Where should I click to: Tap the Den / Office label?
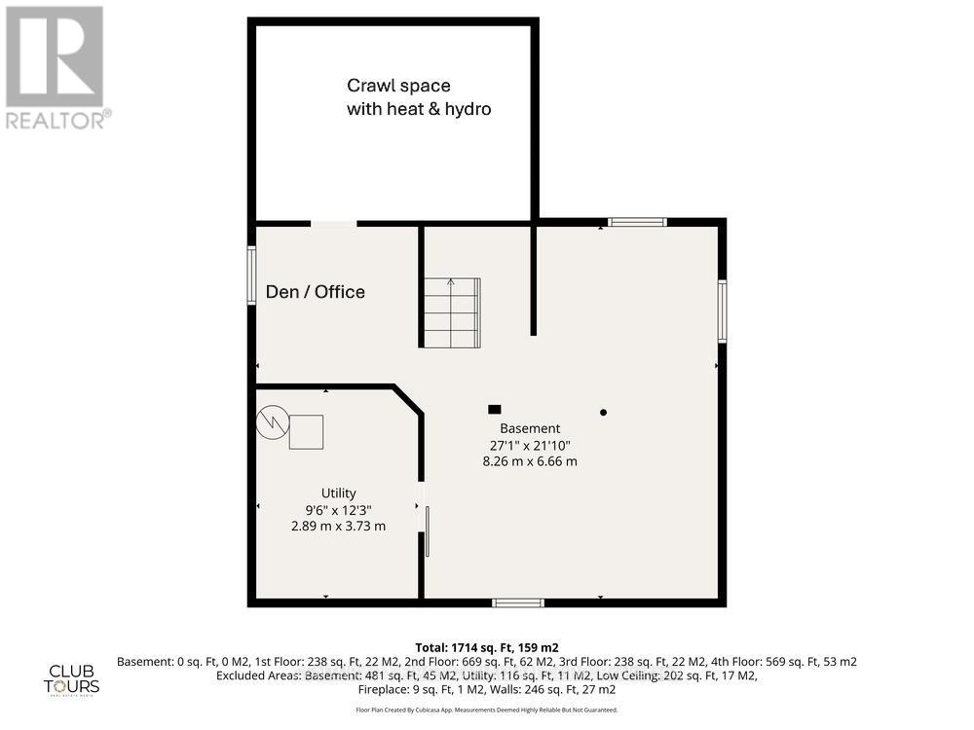click(x=316, y=292)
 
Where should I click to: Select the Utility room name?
click(x=339, y=493)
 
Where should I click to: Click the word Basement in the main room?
click(x=530, y=428)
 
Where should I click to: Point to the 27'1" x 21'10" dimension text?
click(x=530, y=445)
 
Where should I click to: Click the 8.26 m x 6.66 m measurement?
click(x=530, y=461)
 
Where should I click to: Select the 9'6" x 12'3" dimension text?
click(x=339, y=509)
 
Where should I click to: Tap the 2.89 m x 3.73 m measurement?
click(x=339, y=526)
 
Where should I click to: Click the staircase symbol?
click(x=451, y=312)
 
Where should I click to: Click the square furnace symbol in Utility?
click(x=306, y=431)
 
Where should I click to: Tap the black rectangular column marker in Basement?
click(x=495, y=410)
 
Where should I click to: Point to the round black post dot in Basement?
click(x=603, y=413)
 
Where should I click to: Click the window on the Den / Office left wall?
click(x=251, y=275)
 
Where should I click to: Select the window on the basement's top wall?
click(x=638, y=222)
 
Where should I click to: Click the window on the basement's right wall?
click(x=722, y=310)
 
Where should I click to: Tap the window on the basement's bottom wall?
click(x=517, y=602)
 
